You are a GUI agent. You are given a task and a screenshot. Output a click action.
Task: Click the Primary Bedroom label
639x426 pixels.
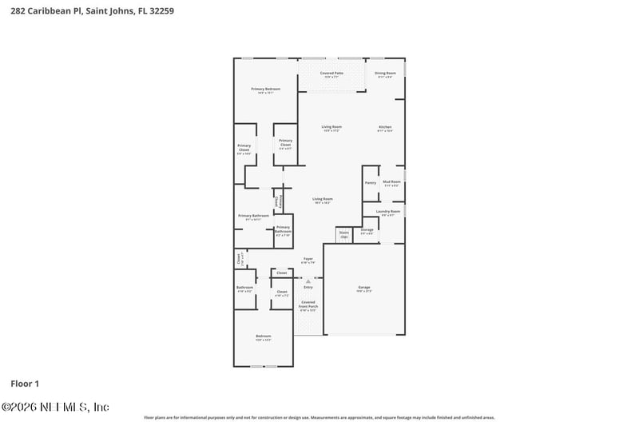click(265, 90)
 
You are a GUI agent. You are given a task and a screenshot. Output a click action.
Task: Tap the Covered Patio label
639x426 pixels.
click(331, 74)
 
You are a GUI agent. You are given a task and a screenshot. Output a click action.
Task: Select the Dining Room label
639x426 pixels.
click(385, 74)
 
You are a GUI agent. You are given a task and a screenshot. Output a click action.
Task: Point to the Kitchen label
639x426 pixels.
click(385, 128)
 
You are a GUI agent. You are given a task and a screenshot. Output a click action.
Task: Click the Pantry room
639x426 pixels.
click(370, 183)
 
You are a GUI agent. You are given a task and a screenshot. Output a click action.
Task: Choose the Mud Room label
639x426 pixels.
click(391, 182)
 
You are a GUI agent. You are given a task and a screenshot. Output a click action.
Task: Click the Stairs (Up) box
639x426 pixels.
click(344, 235)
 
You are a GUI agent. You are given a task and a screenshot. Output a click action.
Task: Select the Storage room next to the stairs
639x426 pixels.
click(367, 230)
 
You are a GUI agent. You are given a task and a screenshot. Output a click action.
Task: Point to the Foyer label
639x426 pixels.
click(308, 260)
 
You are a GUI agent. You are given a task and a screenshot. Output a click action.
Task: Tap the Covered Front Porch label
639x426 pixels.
click(308, 305)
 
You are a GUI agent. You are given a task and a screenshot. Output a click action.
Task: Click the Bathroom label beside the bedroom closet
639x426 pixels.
click(244, 289)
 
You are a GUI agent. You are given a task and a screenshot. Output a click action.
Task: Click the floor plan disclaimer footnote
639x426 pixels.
click(319, 417)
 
